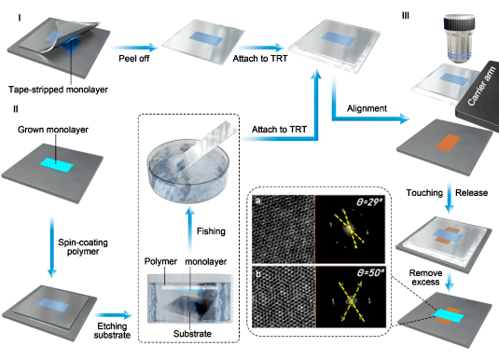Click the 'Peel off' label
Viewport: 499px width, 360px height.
click(x=134, y=59)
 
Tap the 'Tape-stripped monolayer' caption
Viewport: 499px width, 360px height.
click(x=58, y=90)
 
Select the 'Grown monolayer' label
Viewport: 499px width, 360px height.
click(x=53, y=130)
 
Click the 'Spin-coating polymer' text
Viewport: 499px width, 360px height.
click(x=83, y=247)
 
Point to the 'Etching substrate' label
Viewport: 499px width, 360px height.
click(x=112, y=330)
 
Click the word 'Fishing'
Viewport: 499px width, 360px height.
click(x=211, y=231)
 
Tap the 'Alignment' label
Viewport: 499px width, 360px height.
click(x=367, y=108)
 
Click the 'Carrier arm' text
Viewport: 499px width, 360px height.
click(x=481, y=86)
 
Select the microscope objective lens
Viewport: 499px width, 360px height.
click(x=459, y=38)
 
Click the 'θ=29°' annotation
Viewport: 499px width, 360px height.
click(x=369, y=201)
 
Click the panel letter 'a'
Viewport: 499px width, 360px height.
click(x=257, y=201)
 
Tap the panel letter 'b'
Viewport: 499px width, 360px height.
click(x=257, y=274)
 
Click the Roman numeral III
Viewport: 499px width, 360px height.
click(x=405, y=16)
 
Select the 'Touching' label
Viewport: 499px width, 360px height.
click(x=424, y=193)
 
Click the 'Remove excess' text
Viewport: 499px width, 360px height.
click(x=425, y=278)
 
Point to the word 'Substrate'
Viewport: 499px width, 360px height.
click(x=192, y=334)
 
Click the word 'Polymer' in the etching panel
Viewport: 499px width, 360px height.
click(x=160, y=261)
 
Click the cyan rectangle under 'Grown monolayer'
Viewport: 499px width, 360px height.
click(x=56, y=165)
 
